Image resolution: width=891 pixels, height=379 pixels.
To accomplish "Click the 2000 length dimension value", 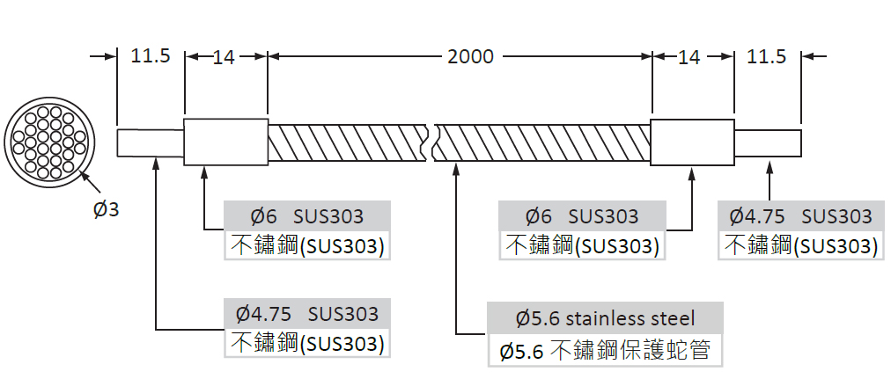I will pyautogui.click(x=470, y=57).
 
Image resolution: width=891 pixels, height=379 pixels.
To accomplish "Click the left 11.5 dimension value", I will pyautogui.click(x=150, y=57).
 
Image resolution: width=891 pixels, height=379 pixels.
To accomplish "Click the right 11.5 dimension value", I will pyautogui.click(x=766, y=57).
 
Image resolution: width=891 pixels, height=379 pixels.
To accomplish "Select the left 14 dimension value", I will pyautogui.click(x=225, y=58).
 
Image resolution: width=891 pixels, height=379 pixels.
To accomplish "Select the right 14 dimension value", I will pyautogui.click(x=689, y=58).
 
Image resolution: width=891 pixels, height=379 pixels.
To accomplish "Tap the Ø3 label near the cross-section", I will pyautogui.click(x=106, y=210).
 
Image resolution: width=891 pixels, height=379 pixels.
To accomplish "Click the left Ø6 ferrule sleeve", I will pyautogui.click(x=225, y=142).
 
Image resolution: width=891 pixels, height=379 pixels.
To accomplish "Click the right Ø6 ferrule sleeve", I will pyautogui.click(x=692, y=142).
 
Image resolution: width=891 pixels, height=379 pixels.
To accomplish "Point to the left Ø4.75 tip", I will pyautogui.click(x=150, y=142).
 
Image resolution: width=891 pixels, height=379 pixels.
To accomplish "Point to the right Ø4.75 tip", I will pyautogui.click(x=768, y=142).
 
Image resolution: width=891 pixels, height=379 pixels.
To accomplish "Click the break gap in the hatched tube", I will pyautogui.click(x=431, y=142).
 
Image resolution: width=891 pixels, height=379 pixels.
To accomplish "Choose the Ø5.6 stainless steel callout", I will pyautogui.click(x=605, y=317).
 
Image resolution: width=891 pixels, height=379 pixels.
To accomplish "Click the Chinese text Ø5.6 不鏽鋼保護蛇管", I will pyautogui.click(x=605, y=351).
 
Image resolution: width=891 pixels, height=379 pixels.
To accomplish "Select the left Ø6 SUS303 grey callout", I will pyautogui.click(x=307, y=215).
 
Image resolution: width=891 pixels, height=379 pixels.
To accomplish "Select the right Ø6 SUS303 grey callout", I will pyautogui.click(x=581, y=215).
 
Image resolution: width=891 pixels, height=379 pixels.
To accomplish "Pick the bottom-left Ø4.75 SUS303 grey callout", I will pyautogui.click(x=307, y=313).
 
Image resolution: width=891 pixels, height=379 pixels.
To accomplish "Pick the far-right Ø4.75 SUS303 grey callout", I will pyautogui.click(x=800, y=215).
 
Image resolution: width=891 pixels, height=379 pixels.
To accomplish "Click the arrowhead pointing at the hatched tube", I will pyautogui.click(x=456, y=167).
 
